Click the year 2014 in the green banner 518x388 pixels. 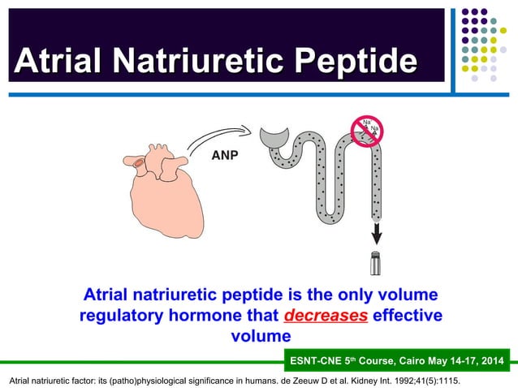490,360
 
